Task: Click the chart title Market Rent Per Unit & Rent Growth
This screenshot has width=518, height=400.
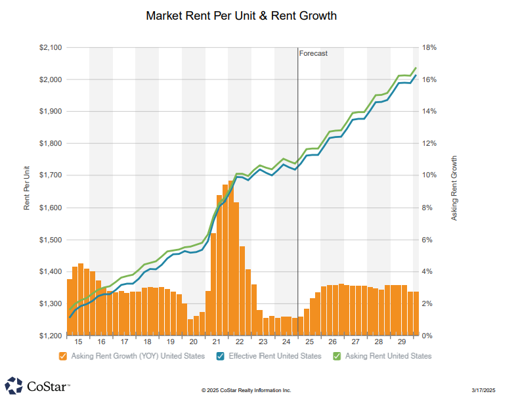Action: [x=242, y=15]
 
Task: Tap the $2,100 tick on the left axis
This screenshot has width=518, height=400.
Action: [x=51, y=48]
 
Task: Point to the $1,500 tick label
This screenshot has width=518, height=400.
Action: [x=51, y=240]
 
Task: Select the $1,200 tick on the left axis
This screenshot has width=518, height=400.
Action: [x=51, y=336]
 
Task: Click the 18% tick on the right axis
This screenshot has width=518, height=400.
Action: [x=429, y=48]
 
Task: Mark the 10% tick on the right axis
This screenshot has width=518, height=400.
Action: [x=429, y=176]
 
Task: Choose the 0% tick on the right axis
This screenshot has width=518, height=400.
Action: [x=427, y=336]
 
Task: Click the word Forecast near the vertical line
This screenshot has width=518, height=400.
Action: [x=313, y=54]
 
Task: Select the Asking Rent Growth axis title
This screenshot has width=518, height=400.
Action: [x=454, y=187]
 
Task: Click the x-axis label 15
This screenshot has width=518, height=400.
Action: [x=78, y=342]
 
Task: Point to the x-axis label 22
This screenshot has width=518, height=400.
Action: [x=239, y=342]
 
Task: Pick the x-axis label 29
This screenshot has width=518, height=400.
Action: [x=402, y=342]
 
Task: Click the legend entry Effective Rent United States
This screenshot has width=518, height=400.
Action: [x=274, y=356]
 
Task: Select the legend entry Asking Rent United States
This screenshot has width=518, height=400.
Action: [x=388, y=356]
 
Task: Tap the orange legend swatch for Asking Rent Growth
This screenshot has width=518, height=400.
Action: [x=63, y=356]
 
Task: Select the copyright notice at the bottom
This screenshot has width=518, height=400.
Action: [x=246, y=390]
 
